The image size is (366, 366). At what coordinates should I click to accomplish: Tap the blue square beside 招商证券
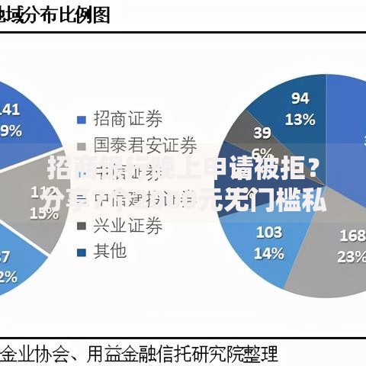(81, 119)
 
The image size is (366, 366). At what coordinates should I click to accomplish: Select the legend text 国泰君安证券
(145, 145)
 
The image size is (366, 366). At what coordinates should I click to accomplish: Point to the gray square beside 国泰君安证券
(81, 146)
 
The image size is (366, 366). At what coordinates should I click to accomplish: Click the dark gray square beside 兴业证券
(81, 226)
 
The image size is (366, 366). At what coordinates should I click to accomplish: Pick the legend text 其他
(110, 251)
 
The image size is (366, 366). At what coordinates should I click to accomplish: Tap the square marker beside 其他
(81, 252)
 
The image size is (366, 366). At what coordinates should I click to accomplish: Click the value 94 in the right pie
(300, 98)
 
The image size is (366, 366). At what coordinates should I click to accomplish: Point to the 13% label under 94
(300, 118)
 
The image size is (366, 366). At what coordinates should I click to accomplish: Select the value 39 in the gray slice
(262, 133)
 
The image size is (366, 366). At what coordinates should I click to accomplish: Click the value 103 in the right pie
(268, 232)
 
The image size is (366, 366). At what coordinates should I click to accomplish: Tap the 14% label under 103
(268, 253)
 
